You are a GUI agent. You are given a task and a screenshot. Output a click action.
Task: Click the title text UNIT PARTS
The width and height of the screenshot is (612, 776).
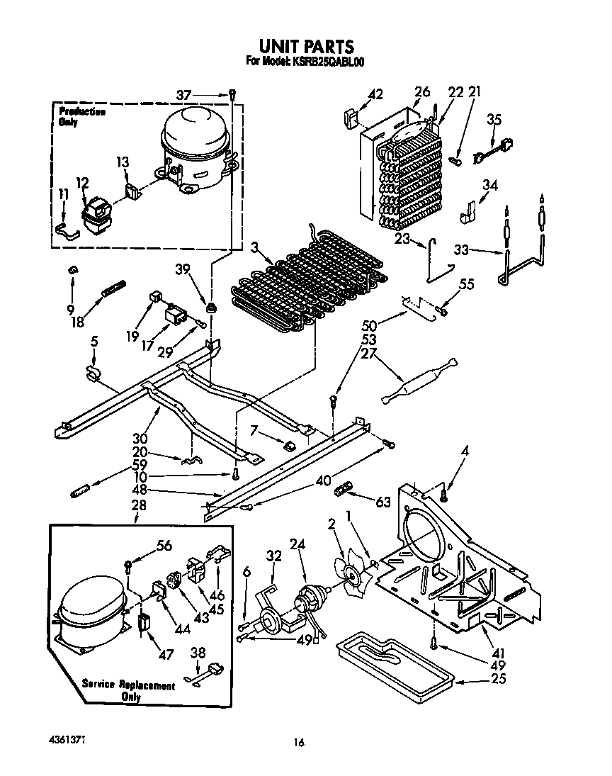click(305, 47)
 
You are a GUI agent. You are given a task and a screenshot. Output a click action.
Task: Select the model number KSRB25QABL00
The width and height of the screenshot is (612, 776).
click(325, 62)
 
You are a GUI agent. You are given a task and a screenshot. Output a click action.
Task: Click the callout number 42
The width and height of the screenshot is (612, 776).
click(375, 94)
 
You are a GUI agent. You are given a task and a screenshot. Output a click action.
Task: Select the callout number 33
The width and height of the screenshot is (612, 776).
click(461, 249)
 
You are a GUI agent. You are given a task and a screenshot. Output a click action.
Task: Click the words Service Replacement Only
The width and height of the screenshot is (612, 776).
click(128, 691)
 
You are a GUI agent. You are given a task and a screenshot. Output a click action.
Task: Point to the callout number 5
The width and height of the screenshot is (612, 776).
click(94, 342)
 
